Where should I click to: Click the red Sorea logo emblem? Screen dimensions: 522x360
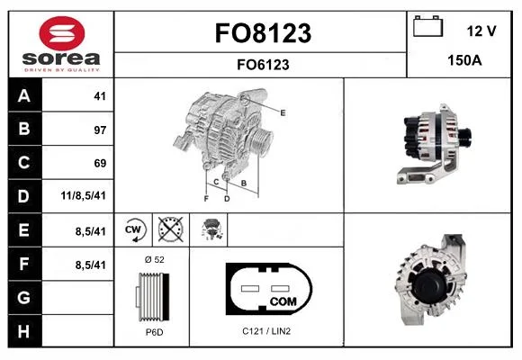click(62, 33)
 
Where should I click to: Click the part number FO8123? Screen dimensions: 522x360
click(263, 33)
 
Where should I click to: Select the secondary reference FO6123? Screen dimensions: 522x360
click(263, 65)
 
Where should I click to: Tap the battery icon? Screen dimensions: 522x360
click(428, 26)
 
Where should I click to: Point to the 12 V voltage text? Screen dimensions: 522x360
click(481, 31)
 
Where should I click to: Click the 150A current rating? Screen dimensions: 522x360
click(464, 60)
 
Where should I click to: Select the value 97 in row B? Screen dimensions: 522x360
click(100, 130)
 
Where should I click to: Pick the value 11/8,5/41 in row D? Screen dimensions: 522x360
click(83, 195)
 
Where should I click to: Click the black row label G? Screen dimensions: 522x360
click(25, 297)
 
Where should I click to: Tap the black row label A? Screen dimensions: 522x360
click(25, 95)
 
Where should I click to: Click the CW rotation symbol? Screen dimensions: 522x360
click(133, 229)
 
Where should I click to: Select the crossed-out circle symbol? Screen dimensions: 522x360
click(170, 229)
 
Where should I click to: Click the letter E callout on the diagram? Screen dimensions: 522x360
click(283, 112)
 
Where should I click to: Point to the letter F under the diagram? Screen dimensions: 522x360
click(206, 199)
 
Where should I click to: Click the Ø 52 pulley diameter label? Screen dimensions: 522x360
click(155, 259)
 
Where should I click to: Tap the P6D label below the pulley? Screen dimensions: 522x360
click(155, 332)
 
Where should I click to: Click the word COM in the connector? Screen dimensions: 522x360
click(283, 301)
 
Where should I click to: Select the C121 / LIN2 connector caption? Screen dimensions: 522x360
click(266, 331)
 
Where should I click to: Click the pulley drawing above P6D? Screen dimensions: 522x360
click(152, 296)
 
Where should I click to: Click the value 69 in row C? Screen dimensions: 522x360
click(100, 163)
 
